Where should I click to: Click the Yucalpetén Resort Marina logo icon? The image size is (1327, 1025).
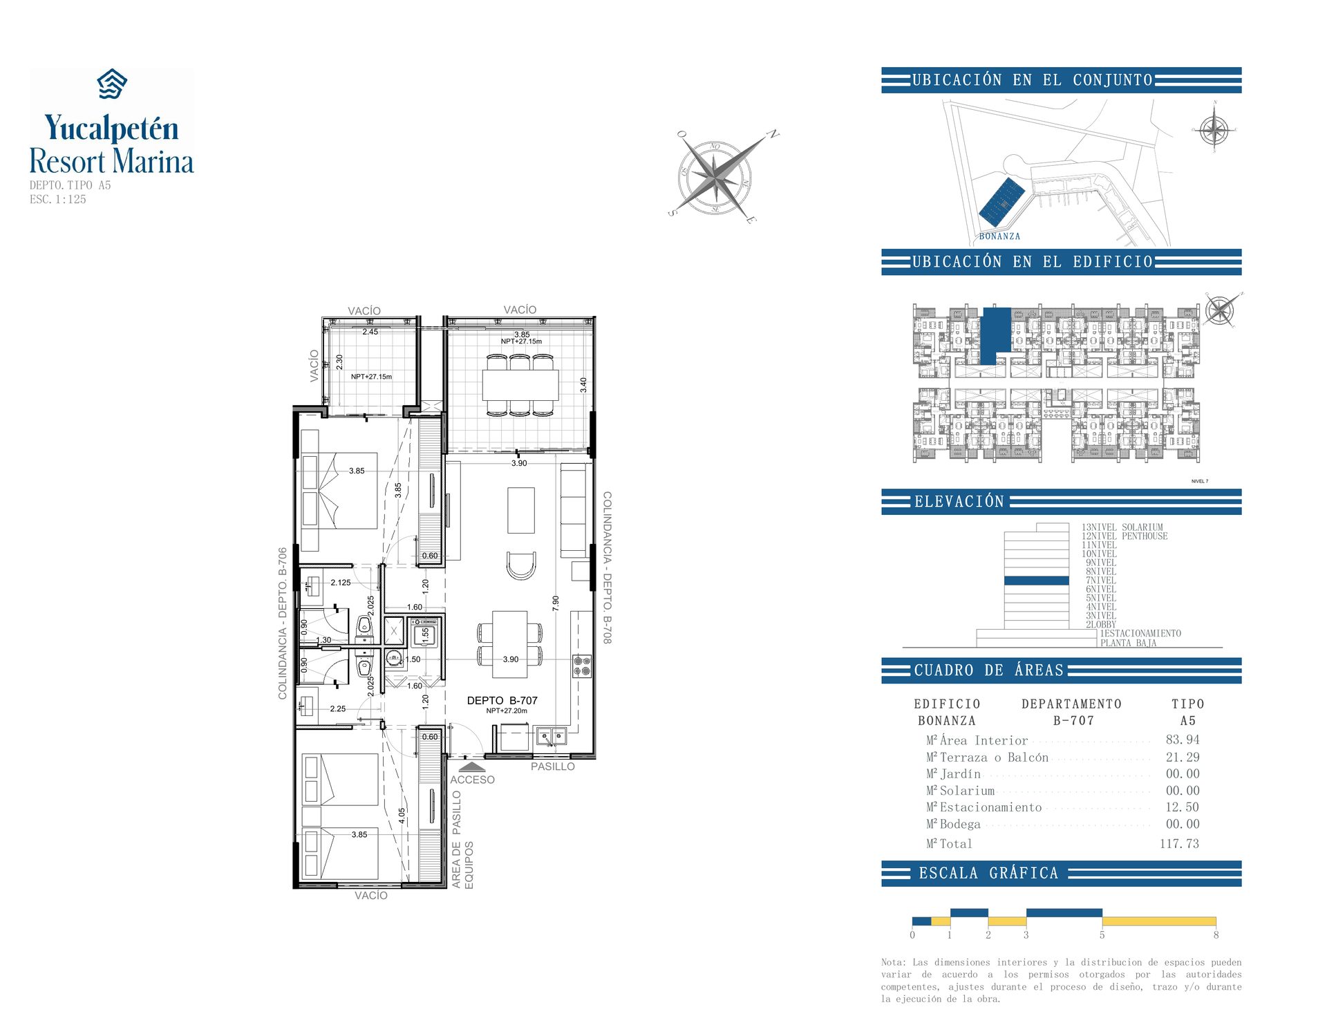111,84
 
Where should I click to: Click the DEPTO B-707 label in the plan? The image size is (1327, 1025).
502,700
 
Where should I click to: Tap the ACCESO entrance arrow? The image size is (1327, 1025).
472,767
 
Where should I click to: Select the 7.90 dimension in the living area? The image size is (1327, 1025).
555,603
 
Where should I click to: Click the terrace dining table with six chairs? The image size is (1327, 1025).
520,385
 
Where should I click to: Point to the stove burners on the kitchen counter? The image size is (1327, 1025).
582,666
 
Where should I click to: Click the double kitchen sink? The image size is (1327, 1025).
551,736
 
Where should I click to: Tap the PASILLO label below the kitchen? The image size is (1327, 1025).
552,767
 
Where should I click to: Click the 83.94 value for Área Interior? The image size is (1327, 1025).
1182,740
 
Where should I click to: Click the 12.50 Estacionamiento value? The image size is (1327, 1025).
1182,807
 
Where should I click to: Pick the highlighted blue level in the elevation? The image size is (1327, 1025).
1036,581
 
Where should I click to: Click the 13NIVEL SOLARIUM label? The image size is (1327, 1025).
1122,527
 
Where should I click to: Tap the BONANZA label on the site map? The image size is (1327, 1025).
999,236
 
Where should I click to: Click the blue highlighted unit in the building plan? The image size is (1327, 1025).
995,334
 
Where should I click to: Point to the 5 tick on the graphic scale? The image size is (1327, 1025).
1102,934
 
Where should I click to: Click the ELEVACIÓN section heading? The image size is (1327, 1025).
959,502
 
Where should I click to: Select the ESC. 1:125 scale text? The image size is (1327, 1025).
58,200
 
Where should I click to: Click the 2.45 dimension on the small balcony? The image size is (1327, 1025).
370,332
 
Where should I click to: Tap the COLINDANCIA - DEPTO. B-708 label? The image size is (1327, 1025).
607,567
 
